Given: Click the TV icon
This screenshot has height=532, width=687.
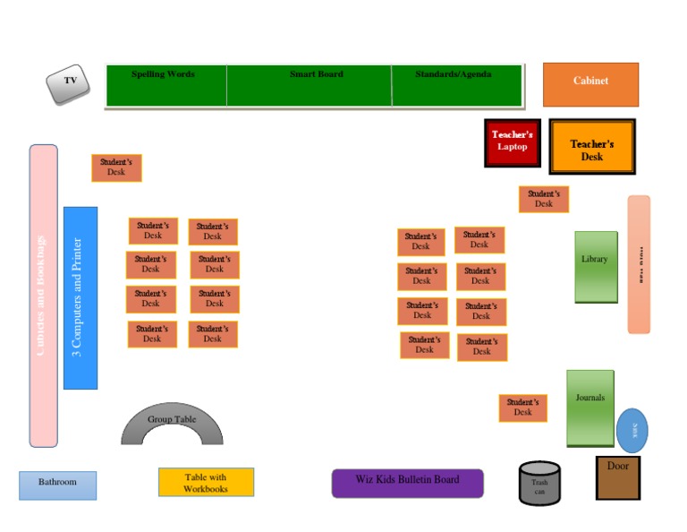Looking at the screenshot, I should click(x=69, y=84).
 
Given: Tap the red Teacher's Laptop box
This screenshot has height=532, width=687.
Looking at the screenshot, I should click(x=513, y=142).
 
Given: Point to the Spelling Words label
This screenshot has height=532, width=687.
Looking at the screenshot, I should click(x=163, y=74).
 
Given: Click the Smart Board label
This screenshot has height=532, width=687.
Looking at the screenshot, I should click(x=316, y=74).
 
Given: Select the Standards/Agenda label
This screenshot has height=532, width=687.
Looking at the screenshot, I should click(x=453, y=74).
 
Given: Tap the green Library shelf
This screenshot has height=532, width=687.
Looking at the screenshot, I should click(x=596, y=266).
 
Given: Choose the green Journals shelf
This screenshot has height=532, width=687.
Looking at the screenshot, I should click(x=590, y=407).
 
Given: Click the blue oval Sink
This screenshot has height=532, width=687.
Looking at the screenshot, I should click(x=632, y=430).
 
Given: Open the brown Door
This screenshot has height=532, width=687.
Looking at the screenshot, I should click(x=618, y=477).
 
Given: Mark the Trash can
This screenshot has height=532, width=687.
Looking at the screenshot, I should click(x=539, y=484).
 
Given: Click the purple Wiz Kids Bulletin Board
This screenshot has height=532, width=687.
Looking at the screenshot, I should click(x=407, y=483).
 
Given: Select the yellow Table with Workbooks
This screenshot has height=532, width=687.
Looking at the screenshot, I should click(x=206, y=482).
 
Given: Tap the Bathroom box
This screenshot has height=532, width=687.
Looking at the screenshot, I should click(x=57, y=485).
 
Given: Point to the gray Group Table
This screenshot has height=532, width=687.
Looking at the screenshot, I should click(x=172, y=422).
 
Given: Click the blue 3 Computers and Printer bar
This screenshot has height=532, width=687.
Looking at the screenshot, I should click(x=80, y=297).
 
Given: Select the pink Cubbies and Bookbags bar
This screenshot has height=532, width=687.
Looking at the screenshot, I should click(x=43, y=296).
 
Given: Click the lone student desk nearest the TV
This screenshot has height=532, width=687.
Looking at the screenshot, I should click(x=116, y=167).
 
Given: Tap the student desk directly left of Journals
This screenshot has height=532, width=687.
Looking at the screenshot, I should click(x=523, y=408).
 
